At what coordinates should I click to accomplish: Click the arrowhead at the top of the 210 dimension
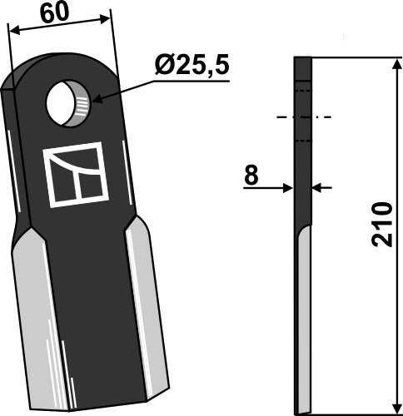click(x=393, y=65)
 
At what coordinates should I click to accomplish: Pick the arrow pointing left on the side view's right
click(x=319, y=188)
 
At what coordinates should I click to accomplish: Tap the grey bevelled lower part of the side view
click(x=304, y=324)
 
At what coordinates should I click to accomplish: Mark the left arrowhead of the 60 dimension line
click(x=12, y=31)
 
